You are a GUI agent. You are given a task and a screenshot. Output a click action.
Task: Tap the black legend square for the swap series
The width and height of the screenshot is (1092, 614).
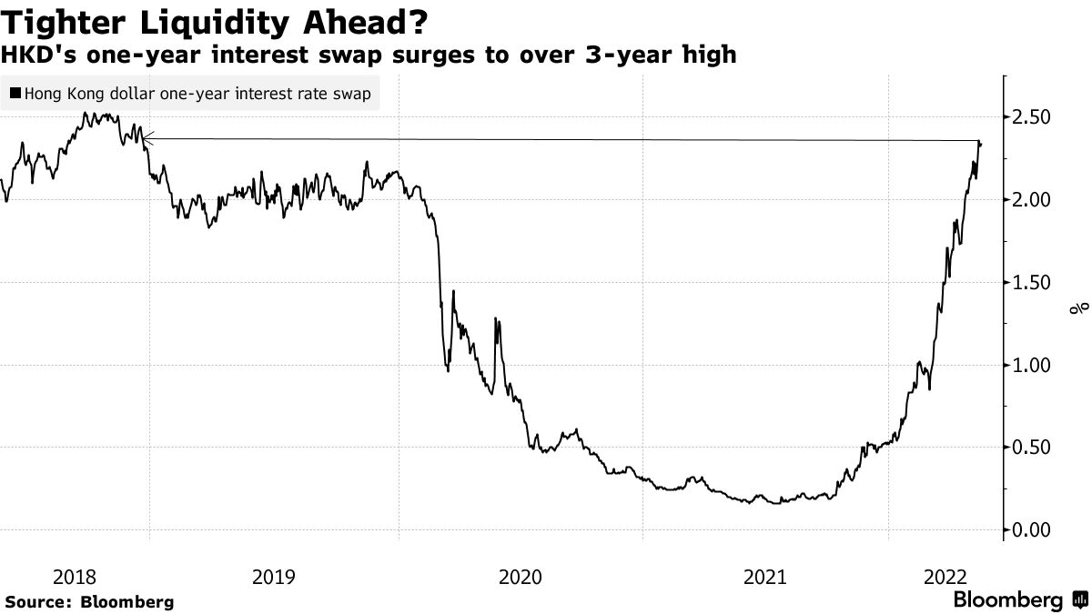tap(15, 94)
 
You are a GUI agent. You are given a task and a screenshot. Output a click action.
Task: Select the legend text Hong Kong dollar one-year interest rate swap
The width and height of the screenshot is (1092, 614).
tap(197, 94)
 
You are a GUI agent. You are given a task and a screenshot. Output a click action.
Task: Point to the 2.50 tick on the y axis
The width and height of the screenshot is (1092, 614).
tap(1031, 117)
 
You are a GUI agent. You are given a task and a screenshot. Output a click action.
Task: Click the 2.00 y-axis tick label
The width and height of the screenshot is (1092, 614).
tap(1031, 200)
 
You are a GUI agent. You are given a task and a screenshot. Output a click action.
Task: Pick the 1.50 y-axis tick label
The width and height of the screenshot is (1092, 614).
tap(1031, 283)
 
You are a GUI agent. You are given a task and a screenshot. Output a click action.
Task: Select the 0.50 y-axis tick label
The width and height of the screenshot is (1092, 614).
tap(1031, 448)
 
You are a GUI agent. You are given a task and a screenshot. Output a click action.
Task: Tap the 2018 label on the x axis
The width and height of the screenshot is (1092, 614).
tap(74, 577)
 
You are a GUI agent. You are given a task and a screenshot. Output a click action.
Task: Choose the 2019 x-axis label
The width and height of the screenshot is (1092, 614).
tap(272, 577)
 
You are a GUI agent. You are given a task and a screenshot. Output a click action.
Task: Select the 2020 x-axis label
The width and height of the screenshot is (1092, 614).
tap(521, 577)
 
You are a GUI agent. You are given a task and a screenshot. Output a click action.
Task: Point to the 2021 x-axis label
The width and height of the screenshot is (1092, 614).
tap(764, 577)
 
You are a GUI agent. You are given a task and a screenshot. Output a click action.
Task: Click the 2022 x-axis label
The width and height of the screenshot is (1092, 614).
tap(945, 577)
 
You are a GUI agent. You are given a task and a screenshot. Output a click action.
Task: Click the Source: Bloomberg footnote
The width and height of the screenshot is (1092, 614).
tap(88, 602)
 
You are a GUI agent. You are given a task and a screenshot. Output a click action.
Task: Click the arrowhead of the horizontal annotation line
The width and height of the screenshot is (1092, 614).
tap(147, 138)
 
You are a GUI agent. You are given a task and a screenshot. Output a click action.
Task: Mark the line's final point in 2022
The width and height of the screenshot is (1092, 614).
tap(980, 144)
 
